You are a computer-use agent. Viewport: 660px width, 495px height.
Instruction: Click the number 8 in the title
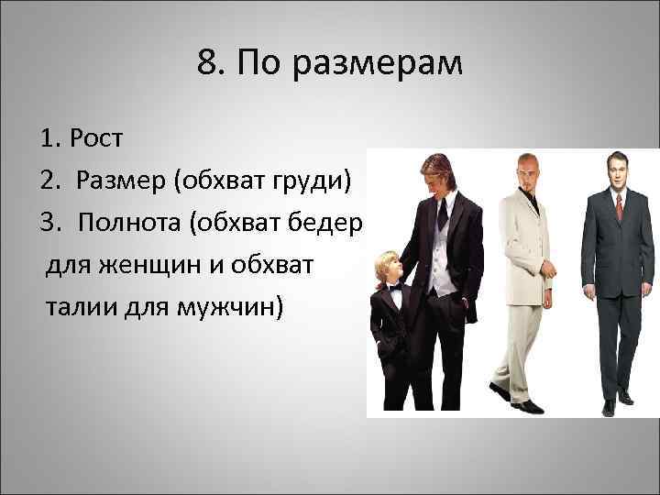tap(205, 63)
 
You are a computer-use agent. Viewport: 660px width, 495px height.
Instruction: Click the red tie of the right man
tap(619, 205)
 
